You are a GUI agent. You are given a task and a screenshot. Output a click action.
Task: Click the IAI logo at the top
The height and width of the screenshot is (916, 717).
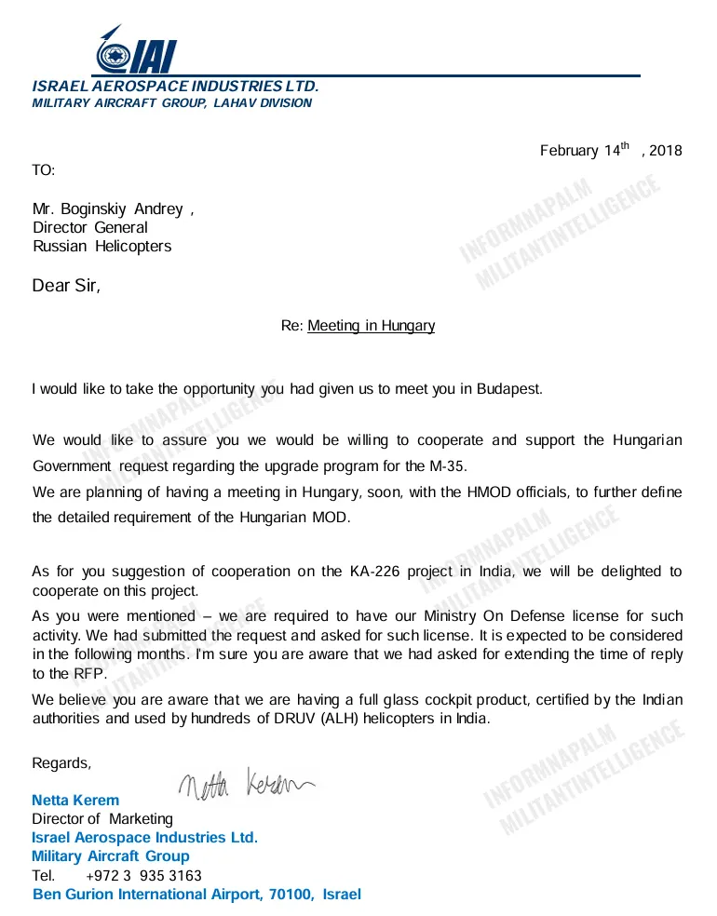pyautogui.click(x=135, y=50)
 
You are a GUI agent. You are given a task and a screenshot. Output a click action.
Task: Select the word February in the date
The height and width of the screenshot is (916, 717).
pyautogui.click(x=569, y=151)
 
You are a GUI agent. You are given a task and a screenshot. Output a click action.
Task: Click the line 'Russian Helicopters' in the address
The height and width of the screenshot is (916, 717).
pyautogui.click(x=101, y=247)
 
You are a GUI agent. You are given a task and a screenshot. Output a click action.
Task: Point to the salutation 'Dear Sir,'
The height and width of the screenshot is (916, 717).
pyautogui.click(x=66, y=286)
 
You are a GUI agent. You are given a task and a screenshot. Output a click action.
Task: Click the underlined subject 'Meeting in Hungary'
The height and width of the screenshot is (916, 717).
pyautogui.click(x=371, y=326)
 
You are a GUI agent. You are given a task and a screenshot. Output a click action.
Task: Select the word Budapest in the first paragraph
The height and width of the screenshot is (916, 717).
pyautogui.click(x=509, y=389)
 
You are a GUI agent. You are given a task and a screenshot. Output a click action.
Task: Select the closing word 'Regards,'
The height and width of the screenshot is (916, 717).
pyautogui.click(x=62, y=763)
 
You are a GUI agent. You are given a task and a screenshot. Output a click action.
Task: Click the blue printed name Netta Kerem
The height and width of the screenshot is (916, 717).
pyautogui.click(x=75, y=801)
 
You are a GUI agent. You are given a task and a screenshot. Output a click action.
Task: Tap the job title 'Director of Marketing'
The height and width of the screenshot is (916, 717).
pyautogui.click(x=102, y=819)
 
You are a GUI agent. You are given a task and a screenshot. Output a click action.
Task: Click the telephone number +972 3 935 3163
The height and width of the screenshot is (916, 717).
pyautogui.click(x=143, y=876)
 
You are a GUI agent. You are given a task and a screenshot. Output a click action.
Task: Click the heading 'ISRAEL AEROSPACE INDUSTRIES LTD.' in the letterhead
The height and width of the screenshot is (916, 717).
pyautogui.click(x=176, y=87)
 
